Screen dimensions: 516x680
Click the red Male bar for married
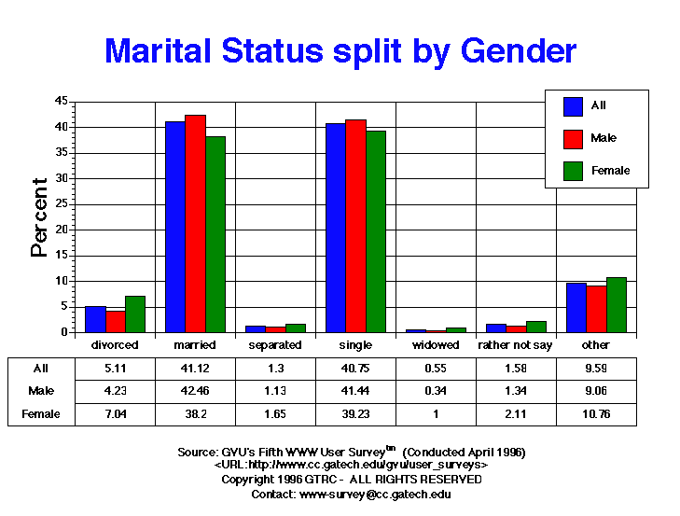coord(195,224)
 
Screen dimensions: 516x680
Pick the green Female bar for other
coord(616,304)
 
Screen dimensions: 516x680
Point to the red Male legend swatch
coord(573,138)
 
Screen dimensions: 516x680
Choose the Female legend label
coord(610,171)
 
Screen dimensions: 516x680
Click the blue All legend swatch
coord(573,105)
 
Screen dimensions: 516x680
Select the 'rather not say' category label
coord(515,345)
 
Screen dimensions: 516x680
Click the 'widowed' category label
coord(436,345)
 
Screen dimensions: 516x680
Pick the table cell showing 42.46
coord(195,390)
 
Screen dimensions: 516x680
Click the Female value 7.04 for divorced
coord(115,413)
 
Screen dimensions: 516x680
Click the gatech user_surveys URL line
coord(351,465)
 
